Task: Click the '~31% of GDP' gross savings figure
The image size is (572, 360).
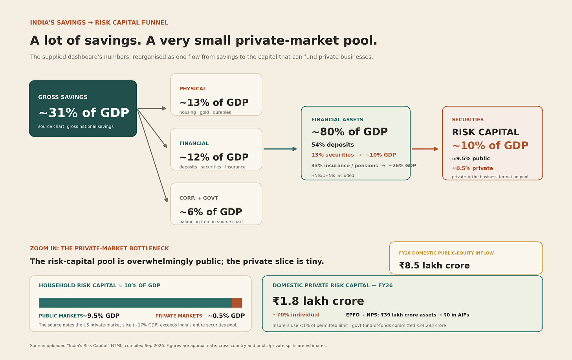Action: pos(84,113)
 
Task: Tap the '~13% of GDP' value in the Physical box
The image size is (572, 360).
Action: pos(214,102)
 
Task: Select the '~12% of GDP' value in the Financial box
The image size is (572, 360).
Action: pos(214,157)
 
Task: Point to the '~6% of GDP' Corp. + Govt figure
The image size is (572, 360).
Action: pos(211,212)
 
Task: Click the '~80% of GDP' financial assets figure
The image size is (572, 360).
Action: pos(350,132)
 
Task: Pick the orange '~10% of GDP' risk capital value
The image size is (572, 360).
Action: pos(490,146)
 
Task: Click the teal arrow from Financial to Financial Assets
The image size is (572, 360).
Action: pos(280,149)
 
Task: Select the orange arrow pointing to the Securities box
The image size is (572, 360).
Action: pos(425,149)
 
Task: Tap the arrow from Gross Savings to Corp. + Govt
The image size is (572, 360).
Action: pos(152,155)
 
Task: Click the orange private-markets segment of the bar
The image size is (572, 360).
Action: pos(237,303)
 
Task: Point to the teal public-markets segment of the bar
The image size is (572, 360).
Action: pos(135,303)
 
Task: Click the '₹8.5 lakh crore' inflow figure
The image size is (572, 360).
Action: pos(434,266)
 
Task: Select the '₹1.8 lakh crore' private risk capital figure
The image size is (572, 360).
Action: pos(318,301)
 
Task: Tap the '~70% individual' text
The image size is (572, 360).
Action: pos(296,315)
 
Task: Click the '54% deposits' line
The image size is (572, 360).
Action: pos(332,145)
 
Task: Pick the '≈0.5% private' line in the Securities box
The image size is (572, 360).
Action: pos(472,168)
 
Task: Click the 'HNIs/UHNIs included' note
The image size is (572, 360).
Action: pos(333,175)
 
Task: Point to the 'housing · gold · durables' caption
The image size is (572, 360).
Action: pos(205,112)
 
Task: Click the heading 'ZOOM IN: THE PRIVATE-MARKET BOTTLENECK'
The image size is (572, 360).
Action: pos(99,249)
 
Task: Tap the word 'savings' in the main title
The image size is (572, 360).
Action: pos(113,41)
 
